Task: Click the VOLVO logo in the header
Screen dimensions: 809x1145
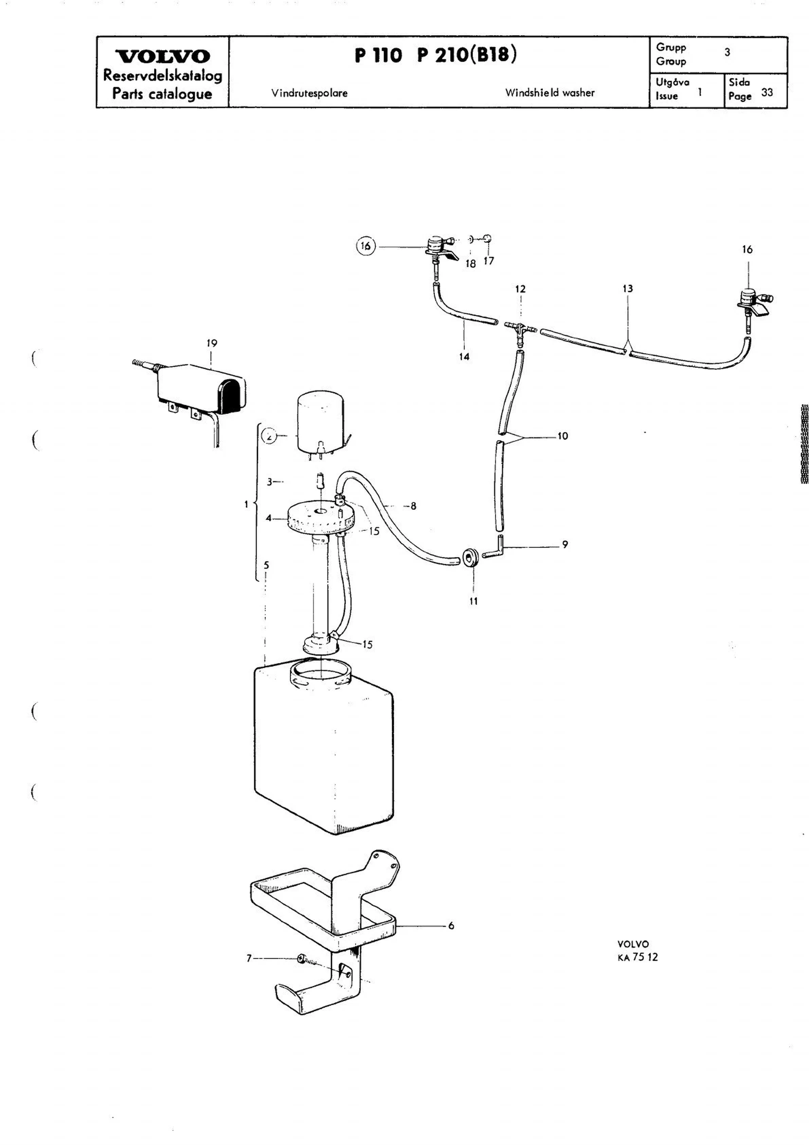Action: pyautogui.click(x=162, y=56)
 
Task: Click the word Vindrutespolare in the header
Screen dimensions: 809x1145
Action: pyautogui.click(x=309, y=93)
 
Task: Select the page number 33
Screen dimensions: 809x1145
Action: pyautogui.click(x=767, y=92)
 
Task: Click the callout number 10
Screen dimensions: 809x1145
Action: pyautogui.click(x=562, y=436)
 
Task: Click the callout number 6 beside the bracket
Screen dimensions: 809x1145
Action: pyautogui.click(x=451, y=926)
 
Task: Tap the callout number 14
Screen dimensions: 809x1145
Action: pyautogui.click(x=464, y=356)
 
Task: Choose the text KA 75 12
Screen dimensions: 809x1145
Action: pyautogui.click(x=637, y=957)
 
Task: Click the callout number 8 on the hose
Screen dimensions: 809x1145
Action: pyautogui.click(x=413, y=506)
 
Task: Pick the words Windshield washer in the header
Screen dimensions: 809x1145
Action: pyautogui.click(x=550, y=93)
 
